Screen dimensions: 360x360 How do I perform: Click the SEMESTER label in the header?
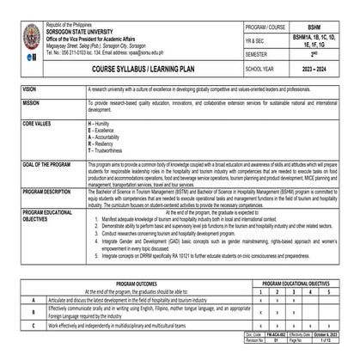point(260,53)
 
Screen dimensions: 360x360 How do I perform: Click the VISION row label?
point(31,88)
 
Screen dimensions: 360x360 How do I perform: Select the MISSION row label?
point(32,101)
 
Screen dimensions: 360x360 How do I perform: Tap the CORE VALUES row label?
point(37,124)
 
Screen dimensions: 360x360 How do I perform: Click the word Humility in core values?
point(103,124)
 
